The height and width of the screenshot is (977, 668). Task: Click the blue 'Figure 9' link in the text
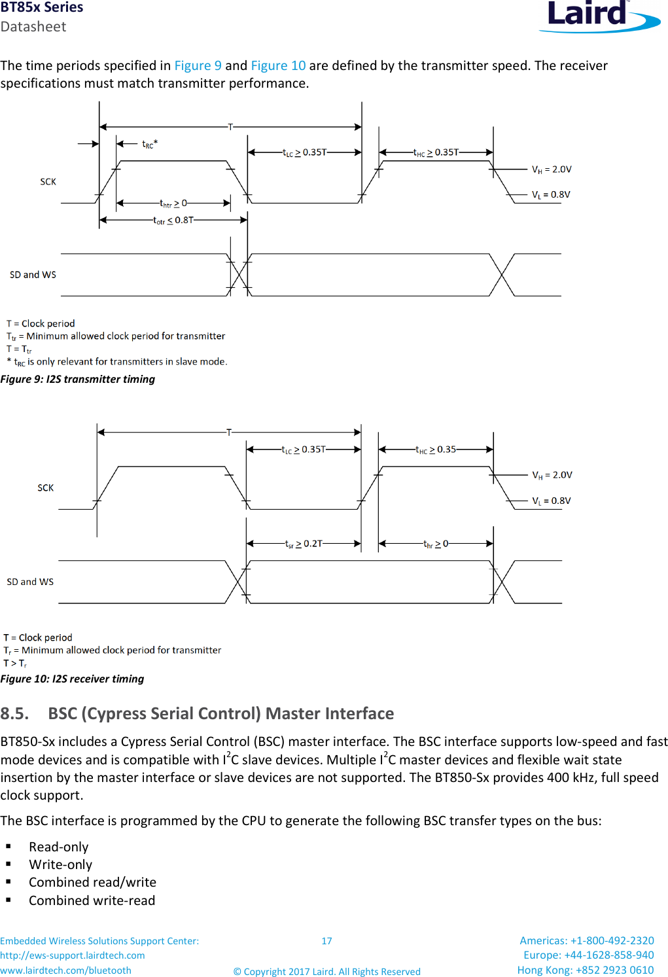tap(198, 65)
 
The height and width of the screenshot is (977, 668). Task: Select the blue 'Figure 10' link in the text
tap(278, 65)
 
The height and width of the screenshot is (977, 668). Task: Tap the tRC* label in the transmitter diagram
tap(150, 144)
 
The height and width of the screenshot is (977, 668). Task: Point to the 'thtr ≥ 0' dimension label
tap(173, 204)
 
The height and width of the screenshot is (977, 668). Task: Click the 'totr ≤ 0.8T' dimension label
tap(173, 221)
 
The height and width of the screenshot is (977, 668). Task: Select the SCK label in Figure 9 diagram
tap(48, 182)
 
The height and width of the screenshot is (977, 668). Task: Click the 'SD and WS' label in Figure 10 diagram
tap(30, 582)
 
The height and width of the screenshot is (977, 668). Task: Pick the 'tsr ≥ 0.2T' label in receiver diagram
tap(304, 544)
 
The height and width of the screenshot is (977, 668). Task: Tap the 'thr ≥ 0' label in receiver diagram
tap(436, 544)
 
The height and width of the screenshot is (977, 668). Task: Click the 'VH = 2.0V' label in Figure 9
tap(552, 169)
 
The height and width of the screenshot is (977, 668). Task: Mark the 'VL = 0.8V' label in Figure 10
tap(551, 501)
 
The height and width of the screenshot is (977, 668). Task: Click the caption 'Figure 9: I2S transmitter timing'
tap(78, 380)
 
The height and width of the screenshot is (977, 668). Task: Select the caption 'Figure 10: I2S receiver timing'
tap(72, 679)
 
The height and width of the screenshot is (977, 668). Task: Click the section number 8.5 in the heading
tap(14, 713)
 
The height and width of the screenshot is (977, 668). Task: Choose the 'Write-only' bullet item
tap(60, 864)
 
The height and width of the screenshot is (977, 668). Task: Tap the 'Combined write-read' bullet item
tap(92, 900)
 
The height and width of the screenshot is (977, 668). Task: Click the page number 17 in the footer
tap(326, 941)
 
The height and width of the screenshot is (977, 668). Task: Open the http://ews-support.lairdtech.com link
tap(73, 955)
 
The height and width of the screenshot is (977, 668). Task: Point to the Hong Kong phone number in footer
tap(585, 970)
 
